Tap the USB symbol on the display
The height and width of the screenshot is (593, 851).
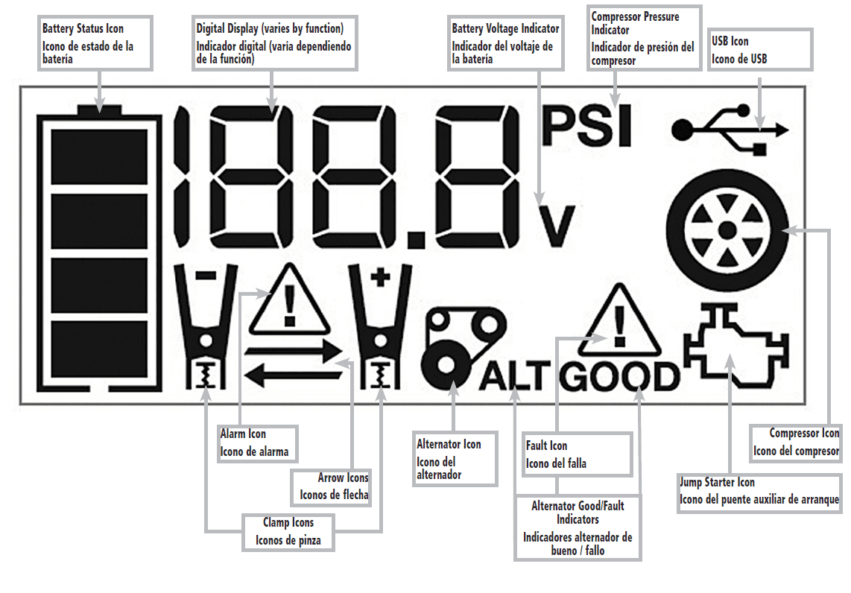(729, 130)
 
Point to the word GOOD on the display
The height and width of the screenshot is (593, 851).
(620, 378)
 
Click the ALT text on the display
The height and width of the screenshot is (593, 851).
(514, 378)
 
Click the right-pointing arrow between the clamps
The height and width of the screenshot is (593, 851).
(292, 353)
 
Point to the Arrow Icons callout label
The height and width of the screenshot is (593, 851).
(333, 486)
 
